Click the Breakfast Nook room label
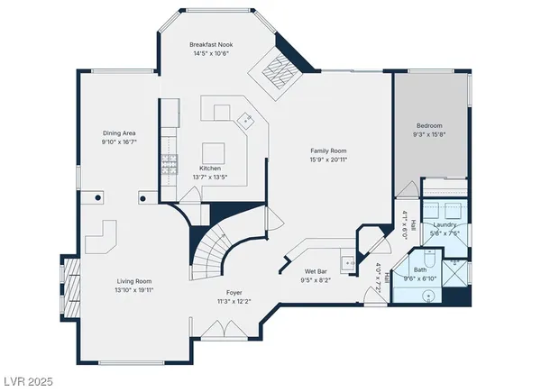(x=213, y=44)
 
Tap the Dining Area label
(x=117, y=133)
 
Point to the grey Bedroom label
(x=428, y=125)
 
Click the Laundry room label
(x=445, y=223)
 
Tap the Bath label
(x=420, y=269)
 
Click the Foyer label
(x=234, y=291)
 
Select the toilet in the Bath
(x=430, y=260)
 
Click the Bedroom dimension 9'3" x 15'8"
(x=428, y=134)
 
